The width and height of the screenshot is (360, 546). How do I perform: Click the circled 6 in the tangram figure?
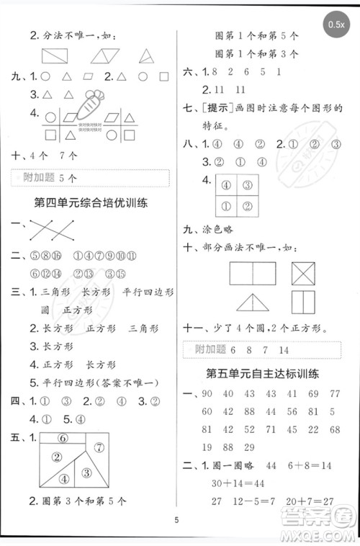(x=63, y=437)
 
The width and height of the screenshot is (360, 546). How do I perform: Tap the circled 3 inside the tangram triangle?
(x=86, y=472)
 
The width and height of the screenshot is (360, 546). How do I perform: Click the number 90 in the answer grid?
(x=207, y=393)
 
